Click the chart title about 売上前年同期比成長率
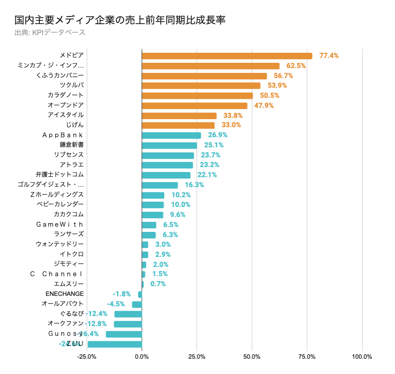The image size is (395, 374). (x=119, y=20)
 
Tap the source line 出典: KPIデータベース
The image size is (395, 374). (x=50, y=33)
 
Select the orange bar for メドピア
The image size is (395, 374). (x=227, y=56)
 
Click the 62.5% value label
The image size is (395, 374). (x=296, y=66)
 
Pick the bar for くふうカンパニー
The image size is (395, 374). (x=204, y=76)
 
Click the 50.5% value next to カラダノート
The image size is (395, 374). (x=270, y=95)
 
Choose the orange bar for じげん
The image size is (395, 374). (x=178, y=125)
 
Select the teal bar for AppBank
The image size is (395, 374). (x=171, y=135)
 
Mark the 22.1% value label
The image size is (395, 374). (x=207, y=175)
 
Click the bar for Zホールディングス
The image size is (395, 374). (x=153, y=195)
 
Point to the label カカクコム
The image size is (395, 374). (x=69, y=214)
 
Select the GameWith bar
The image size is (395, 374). (x=149, y=225)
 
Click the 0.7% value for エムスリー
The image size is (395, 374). (x=158, y=284)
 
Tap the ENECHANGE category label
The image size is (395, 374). (x=65, y=294)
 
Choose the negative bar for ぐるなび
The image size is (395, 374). (x=128, y=314)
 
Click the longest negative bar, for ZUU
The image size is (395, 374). (x=115, y=344)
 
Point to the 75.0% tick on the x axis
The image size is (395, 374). (x=307, y=357)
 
